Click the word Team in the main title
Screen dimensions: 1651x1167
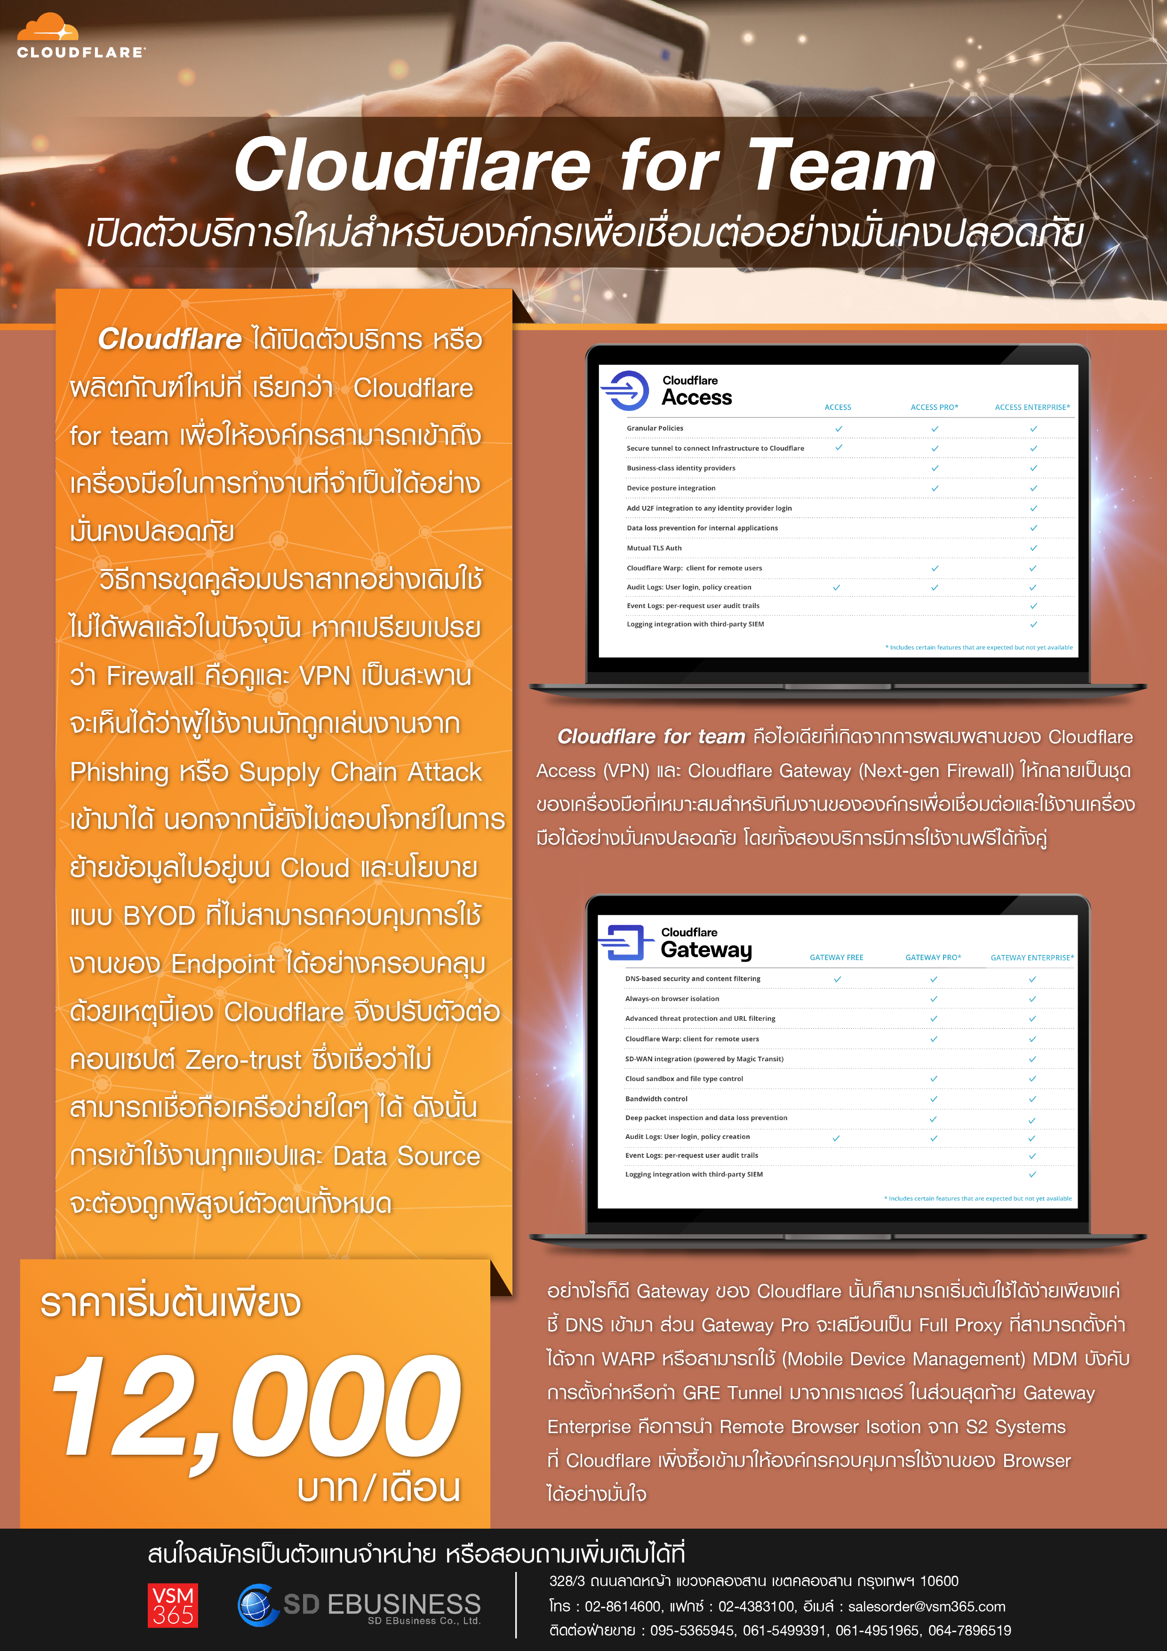tap(842, 165)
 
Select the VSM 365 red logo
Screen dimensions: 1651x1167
tap(173, 1605)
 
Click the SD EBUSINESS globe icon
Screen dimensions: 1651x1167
tap(257, 1604)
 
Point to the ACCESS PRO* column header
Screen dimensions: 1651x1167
tap(934, 407)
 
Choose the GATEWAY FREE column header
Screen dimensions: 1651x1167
tap(836, 958)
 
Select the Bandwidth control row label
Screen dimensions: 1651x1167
tap(656, 1099)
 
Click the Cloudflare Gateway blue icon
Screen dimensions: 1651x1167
tap(623, 942)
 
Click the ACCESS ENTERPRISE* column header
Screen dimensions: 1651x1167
tap(1032, 407)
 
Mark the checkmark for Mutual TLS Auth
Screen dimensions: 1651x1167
tap(1033, 548)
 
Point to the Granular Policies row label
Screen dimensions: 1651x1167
tap(655, 428)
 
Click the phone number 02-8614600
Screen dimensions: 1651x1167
tap(622, 1606)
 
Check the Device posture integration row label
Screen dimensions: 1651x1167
tap(671, 488)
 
